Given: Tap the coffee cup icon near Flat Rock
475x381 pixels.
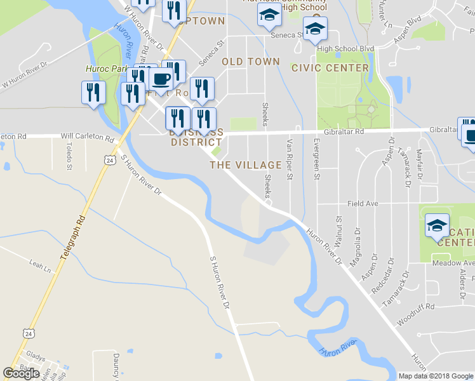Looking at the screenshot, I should (x=161, y=80).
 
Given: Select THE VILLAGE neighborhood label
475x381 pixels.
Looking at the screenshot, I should (x=246, y=165).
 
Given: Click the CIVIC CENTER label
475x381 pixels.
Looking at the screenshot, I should (x=330, y=68).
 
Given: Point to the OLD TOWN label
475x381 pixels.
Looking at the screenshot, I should (x=251, y=62).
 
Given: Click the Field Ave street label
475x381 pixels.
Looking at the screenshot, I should (x=363, y=204).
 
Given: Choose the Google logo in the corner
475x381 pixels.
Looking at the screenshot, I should (x=21, y=373).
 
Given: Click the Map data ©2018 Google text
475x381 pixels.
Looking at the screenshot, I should (x=436, y=376).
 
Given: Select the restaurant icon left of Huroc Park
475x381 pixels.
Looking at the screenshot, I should (x=93, y=93).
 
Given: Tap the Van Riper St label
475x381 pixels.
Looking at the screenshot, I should (x=290, y=159).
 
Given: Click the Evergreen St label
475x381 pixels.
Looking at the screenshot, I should (x=316, y=159).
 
